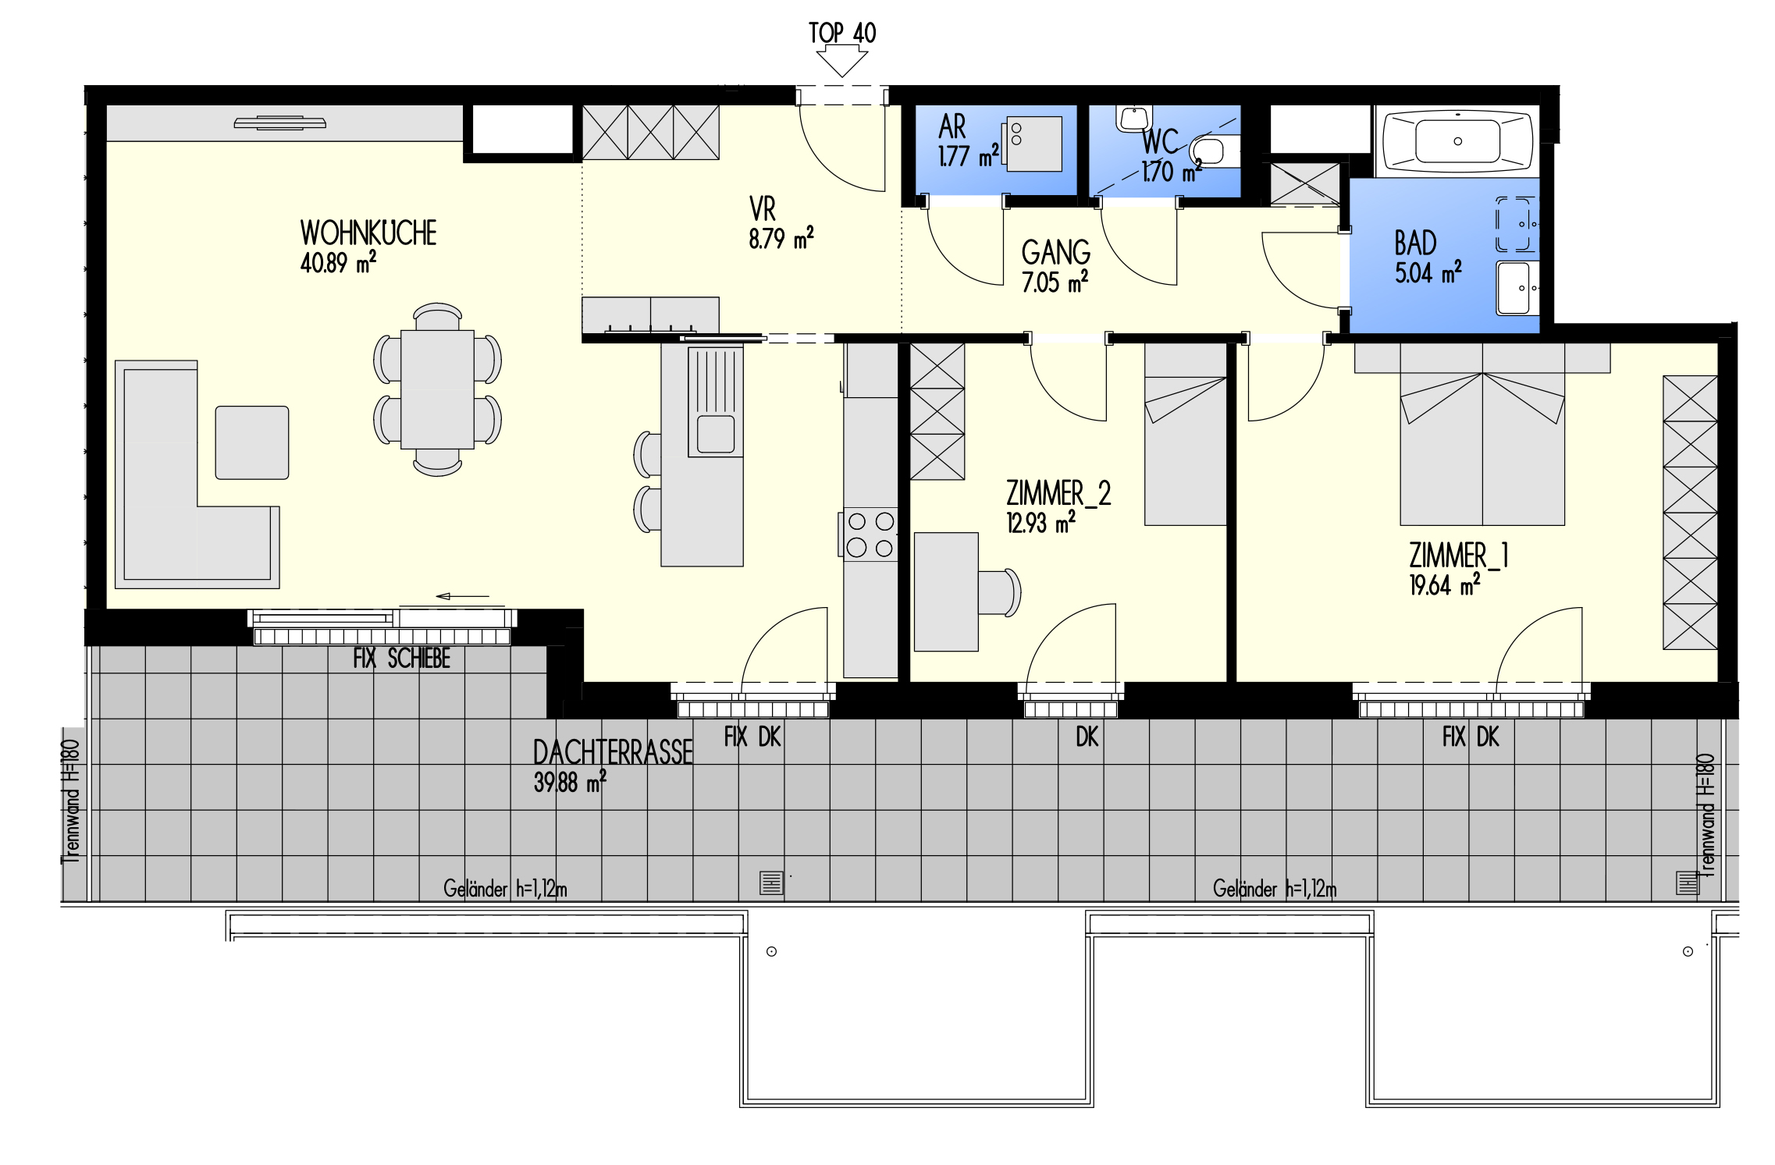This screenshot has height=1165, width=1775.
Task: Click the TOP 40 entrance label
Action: tap(842, 33)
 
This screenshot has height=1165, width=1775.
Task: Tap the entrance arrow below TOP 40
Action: tap(842, 62)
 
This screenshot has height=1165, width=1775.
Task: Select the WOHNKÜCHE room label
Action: tap(368, 233)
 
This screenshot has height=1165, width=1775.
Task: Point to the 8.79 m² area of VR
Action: tap(781, 238)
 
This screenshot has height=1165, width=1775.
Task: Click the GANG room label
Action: tap(1056, 252)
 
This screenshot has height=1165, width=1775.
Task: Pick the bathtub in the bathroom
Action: tap(1457, 141)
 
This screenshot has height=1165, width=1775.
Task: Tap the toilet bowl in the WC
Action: tap(1211, 151)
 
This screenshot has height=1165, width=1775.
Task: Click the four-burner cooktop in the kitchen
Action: tap(870, 534)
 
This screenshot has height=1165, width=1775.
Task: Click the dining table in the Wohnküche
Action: tap(437, 389)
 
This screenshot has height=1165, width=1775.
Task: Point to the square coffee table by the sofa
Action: tap(252, 442)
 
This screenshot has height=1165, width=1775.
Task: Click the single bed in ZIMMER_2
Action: tap(1185, 435)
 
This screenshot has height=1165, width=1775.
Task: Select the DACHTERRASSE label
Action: tap(613, 753)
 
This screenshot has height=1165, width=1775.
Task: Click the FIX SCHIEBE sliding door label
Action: tap(401, 659)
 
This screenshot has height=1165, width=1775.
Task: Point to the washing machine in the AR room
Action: tap(1033, 144)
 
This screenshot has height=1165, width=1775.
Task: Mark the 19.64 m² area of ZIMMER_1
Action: tap(1444, 584)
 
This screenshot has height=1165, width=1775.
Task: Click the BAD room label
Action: tap(1415, 243)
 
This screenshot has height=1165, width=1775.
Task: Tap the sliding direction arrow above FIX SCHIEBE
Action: tap(462, 596)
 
